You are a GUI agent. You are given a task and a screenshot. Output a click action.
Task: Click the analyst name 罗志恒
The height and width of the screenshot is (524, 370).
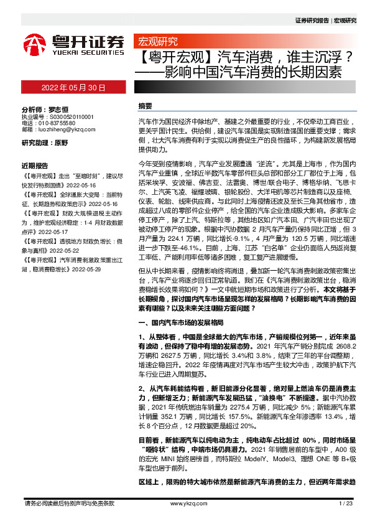pos(58,108)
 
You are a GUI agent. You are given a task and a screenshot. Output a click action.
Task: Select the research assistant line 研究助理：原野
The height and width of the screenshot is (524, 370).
pos(45,143)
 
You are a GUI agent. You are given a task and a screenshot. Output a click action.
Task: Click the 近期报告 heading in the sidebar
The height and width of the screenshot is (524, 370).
pos(35,166)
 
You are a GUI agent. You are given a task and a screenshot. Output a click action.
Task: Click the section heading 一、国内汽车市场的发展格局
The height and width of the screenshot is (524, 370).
pos(179,324)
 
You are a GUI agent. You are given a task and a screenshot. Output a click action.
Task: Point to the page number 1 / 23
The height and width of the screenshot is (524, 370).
pos(345,503)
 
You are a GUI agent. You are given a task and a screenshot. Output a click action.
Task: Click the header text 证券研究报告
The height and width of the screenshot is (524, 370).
pos(312,20)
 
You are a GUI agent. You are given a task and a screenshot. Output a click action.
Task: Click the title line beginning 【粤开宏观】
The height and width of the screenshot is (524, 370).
pos(245,58)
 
